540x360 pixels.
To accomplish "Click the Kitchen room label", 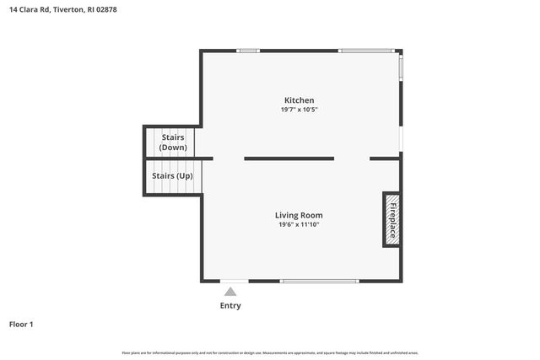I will pos(299,100).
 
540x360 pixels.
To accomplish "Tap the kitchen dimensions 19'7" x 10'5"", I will pos(299,110).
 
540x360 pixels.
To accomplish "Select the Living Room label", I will pos(299,215).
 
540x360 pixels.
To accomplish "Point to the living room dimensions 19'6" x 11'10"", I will pos(299,224).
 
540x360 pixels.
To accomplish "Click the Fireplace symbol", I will pos(391,218).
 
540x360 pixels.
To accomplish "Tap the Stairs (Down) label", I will pos(173,142).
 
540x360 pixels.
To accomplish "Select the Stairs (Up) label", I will pos(172,176).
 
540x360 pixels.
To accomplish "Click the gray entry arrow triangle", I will pos(230,291).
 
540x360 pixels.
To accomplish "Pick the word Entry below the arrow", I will pos(230,305).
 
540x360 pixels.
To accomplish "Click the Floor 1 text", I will pos(21,324).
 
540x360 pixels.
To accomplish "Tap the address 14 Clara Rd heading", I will pos(29,9).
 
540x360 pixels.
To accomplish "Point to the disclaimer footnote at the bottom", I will pos(270,352).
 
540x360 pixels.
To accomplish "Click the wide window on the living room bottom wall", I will pos(318,281).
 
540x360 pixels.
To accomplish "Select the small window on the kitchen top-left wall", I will pos(248,51).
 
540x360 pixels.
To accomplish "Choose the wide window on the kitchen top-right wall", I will pos(366,51).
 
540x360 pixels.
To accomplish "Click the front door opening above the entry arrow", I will pos(234,281).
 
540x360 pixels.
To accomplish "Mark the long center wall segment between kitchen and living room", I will pos(289,158).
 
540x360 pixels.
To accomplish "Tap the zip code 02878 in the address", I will pos(105,9).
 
